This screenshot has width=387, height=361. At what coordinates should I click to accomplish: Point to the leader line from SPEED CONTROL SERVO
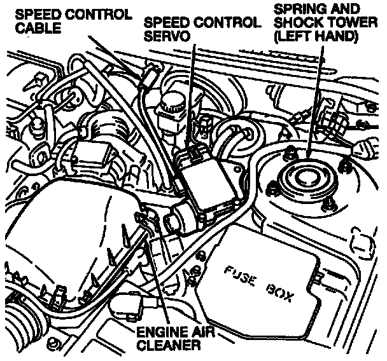(190, 95)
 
